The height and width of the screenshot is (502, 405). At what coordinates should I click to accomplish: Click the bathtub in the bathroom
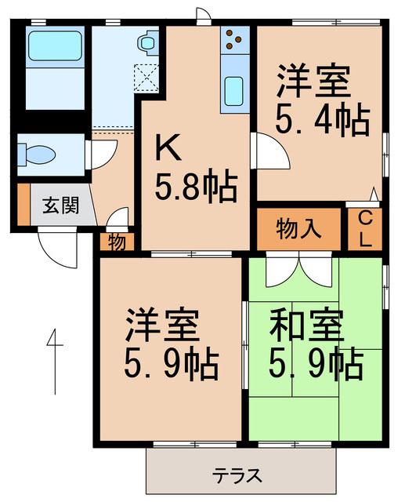(x=55, y=45)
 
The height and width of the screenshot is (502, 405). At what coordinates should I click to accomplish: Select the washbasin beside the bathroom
(x=147, y=42)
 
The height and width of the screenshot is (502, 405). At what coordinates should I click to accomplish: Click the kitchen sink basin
(x=233, y=91)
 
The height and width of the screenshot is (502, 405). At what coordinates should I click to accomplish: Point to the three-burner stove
(x=234, y=40)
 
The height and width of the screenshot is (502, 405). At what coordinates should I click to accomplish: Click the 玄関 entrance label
(x=61, y=205)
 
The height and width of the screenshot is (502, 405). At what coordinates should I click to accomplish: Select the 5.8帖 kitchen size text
(x=196, y=187)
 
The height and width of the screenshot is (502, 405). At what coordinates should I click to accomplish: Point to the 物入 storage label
(x=298, y=229)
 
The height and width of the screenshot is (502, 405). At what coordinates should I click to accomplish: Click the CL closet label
(x=365, y=230)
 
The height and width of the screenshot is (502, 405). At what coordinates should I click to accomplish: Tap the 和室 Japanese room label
(x=306, y=326)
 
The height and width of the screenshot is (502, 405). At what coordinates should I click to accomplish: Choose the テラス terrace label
(x=238, y=475)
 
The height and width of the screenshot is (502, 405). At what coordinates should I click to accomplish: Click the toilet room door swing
(x=103, y=155)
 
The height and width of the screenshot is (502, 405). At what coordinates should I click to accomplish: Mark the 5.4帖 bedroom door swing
(x=271, y=151)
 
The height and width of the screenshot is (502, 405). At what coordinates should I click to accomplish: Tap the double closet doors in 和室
(x=299, y=269)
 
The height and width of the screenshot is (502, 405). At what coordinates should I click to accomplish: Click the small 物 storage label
(x=117, y=242)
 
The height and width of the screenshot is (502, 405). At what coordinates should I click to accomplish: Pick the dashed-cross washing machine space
(x=146, y=78)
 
